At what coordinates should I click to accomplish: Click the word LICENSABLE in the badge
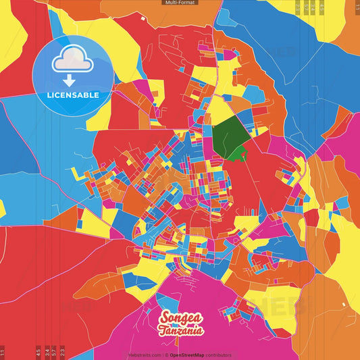coord(72,95)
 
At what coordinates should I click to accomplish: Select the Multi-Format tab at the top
coord(180,3)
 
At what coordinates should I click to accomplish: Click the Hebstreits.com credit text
coord(144,355)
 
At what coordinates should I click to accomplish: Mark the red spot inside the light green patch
coord(243,152)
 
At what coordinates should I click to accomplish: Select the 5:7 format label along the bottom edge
coord(54,351)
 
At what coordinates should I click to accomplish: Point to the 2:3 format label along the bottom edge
coord(62,351)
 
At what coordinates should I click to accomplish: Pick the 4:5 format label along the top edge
coord(322,7)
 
